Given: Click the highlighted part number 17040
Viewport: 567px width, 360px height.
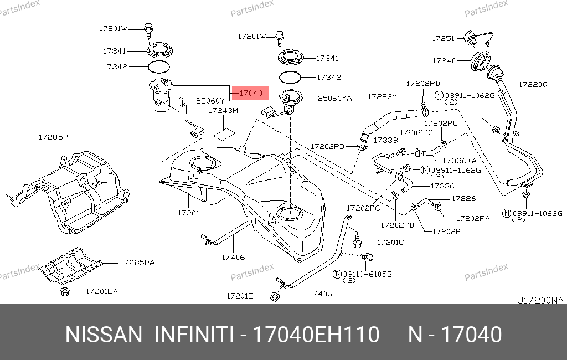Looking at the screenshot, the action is click(x=251, y=93).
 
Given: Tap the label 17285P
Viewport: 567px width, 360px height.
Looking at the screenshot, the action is click(x=53, y=137).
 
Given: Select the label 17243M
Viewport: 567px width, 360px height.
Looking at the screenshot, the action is click(x=223, y=111).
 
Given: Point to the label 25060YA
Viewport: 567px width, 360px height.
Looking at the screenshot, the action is click(x=334, y=99).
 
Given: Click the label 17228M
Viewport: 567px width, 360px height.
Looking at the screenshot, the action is click(x=382, y=96).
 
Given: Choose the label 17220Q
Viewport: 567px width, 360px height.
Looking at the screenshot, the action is click(x=533, y=84).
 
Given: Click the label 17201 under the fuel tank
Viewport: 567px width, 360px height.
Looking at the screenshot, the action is click(x=188, y=213).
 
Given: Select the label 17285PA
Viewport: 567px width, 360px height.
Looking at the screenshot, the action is click(x=137, y=263).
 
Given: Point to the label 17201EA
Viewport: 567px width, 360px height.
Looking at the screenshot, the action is click(x=102, y=291).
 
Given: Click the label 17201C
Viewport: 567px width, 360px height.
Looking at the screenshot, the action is click(x=390, y=243).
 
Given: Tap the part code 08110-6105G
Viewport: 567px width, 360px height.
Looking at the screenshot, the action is click(x=367, y=274).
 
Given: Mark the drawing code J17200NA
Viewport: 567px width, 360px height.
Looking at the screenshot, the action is click(x=540, y=300).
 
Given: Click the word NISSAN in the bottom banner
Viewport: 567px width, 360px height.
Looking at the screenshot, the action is click(x=104, y=335).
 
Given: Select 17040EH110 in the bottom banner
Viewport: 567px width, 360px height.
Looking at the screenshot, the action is click(x=316, y=335).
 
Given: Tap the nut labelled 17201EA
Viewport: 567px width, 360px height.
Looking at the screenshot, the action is click(x=65, y=291).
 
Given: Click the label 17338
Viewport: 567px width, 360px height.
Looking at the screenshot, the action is click(x=385, y=140).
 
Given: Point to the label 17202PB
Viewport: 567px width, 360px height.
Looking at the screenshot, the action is click(x=397, y=225).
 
